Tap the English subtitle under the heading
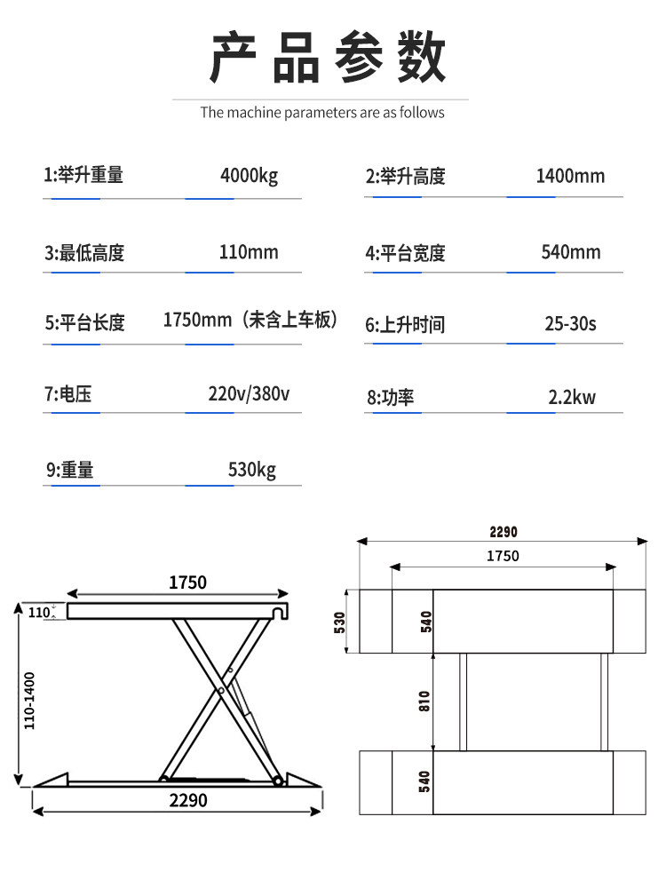coord(321,113)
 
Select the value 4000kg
coord(249,176)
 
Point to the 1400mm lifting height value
coord(570,176)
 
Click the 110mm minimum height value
coord(249,252)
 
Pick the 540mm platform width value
coord(571,252)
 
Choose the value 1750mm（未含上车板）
coord(252,320)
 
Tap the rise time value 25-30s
coord(570,323)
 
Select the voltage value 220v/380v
coord(249,393)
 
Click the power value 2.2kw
coord(571,396)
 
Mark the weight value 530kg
coord(252,469)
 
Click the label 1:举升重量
coord(84,176)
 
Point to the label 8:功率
coord(391,397)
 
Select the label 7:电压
coord(68,393)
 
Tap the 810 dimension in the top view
coord(424,702)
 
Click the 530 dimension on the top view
coord(339,622)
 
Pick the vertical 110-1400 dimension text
coord(29,702)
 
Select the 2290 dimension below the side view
coord(187,800)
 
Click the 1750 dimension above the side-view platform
coord(187,583)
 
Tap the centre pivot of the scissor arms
coord(220,690)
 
